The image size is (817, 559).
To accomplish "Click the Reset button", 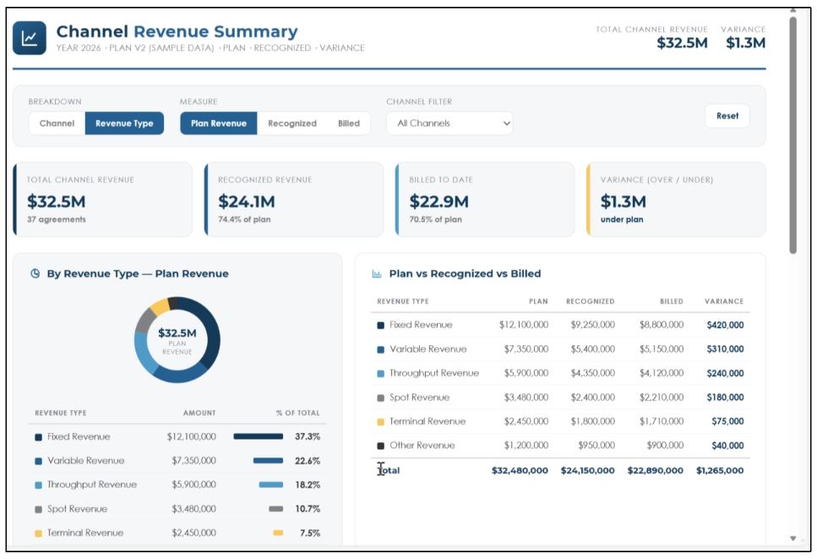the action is coord(727,116).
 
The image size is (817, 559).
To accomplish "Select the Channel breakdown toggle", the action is coord(57,123).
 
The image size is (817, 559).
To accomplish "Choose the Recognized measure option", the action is coord(291,123).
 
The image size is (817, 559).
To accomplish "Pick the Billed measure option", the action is coord(349,123).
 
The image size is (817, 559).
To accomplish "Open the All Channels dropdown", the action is coord(449,123).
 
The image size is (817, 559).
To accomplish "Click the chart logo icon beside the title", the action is coord(30,38).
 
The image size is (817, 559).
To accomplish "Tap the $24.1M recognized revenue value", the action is coord(247,202).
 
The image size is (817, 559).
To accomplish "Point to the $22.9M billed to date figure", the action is coord(438,202).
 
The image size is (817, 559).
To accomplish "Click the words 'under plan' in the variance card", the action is coord(622,220).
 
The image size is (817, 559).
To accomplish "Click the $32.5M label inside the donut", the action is coord(177,333).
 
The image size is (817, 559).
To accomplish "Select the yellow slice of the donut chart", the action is coord(160,306).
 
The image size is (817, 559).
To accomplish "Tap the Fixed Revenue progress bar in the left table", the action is coord(259,436).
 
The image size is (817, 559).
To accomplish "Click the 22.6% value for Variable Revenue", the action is coord(308,461).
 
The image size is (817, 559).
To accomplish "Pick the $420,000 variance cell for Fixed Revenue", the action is coord(725,326).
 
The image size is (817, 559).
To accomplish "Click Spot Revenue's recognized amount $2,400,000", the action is coord(592,397).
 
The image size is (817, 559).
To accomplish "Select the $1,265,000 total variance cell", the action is coord(720,470).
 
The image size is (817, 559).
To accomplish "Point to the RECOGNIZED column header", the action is coord(590,301).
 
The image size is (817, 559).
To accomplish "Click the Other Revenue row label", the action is coord(422,446).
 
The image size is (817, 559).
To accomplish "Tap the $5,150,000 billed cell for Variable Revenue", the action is coord(662,349).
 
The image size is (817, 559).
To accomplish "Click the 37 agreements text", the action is coord(57,220).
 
